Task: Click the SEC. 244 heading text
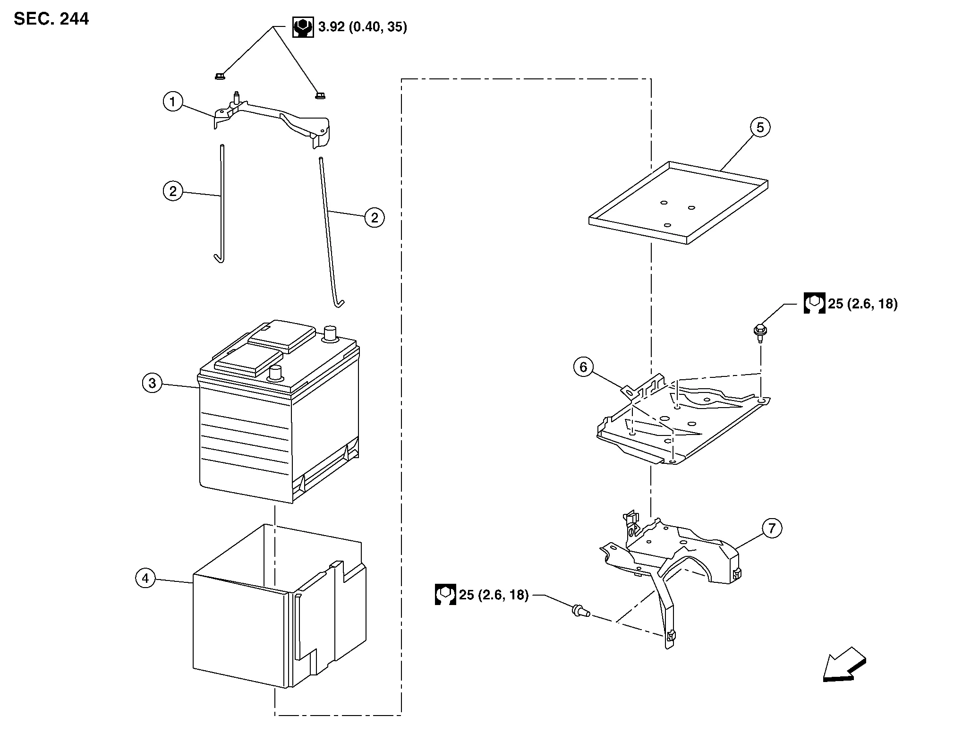(51, 19)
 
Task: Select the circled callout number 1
(173, 102)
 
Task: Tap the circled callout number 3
(152, 383)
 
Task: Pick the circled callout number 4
(145, 578)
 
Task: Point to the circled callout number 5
(760, 127)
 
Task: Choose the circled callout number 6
(583, 367)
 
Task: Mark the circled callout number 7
(772, 528)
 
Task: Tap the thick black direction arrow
(844, 665)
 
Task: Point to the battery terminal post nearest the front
(274, 373)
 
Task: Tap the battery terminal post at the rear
(329, 333)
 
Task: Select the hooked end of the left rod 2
(219, 257)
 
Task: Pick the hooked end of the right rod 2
(339, 302)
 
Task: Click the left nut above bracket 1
(219, 76)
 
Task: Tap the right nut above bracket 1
(320, 96)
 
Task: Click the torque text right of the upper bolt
(862, 304)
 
